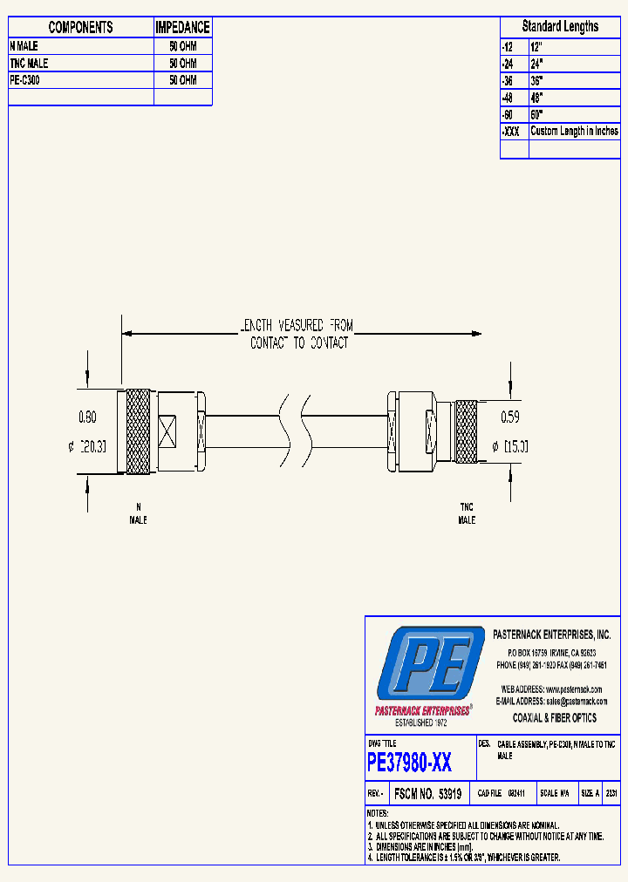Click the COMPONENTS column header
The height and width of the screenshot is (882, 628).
point(80,27)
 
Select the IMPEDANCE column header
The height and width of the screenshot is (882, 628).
point(182,27)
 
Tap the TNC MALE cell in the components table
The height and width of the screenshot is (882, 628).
point(30,64)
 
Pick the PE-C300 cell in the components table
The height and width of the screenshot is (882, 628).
point(25,80)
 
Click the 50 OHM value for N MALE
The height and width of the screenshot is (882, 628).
point(182,46)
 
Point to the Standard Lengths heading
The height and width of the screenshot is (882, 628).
point(560,26)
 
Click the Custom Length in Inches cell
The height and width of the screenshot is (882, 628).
point(574,132)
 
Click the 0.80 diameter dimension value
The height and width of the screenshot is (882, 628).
point(88,417)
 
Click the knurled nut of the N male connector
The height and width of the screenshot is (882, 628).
point(138,431)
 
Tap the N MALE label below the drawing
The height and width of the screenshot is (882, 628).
point(138,513)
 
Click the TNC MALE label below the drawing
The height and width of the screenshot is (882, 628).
point(467,513)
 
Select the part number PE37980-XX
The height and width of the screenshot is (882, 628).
point(410,764)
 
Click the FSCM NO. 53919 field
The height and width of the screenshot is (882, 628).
point(427,794)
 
